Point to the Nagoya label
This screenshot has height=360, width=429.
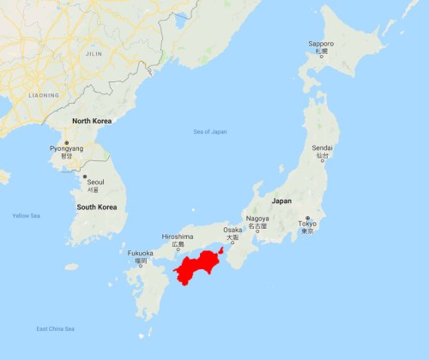(257, 218)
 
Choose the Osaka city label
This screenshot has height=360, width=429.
(232, 230)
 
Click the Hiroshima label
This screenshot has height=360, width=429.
(178, 237)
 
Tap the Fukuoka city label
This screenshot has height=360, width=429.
(140, 253)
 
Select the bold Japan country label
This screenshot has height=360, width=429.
(281, 201)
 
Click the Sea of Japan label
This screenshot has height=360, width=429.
(210, 130)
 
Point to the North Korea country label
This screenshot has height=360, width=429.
(94, 122)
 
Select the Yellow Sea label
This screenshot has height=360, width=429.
(26, 215)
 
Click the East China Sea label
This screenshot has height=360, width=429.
(55, 329)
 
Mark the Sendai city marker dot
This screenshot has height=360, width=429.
(322, 160)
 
